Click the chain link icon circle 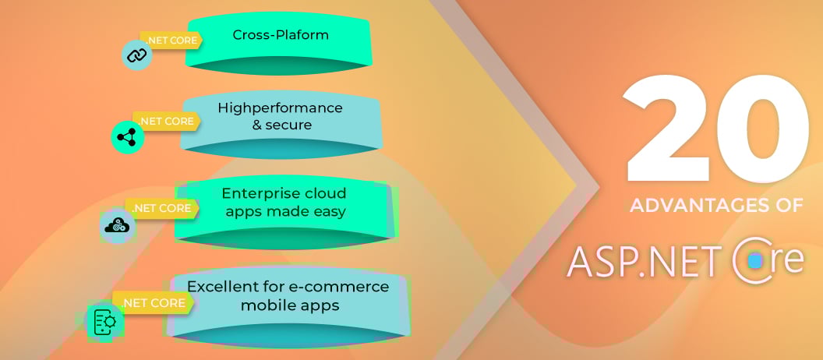137,55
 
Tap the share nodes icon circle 127,137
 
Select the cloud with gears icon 118,226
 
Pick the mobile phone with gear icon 104,321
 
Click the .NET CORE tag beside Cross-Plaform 171,41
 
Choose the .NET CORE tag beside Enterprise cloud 161,208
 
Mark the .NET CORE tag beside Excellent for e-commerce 154,303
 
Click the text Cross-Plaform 281,35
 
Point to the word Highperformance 281,108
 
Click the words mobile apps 290,305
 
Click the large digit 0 763,128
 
